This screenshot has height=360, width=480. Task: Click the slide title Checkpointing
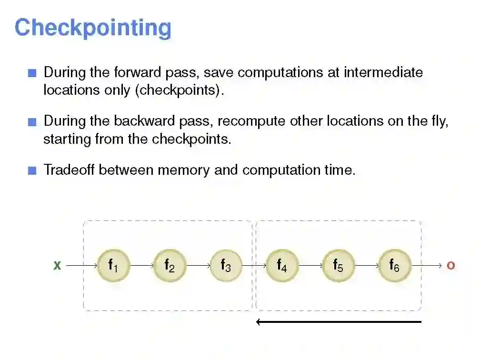coord(93,28)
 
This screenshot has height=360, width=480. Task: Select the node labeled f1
coord(113,265)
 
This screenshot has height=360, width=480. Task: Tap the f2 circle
coord(169,265)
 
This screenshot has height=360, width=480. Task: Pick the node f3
coord(225,265)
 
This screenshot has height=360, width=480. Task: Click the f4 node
coord(282,265)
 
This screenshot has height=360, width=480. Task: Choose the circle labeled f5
coord(338,265)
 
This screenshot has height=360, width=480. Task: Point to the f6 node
coord(394,265)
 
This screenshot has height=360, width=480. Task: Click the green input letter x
coord(57,266)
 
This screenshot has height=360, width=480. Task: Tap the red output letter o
coord(450,266)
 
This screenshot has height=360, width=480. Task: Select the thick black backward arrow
coord(339,322)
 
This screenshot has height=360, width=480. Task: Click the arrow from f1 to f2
coord(141,265)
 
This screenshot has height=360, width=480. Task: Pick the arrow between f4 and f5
coord(310,265)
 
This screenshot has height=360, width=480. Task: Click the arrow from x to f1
coord(80,265)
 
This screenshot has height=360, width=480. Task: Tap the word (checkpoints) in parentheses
coord(180,90)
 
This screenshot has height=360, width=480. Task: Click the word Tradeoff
coord(70,170)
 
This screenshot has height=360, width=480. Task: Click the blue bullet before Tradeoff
coord(32,171)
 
